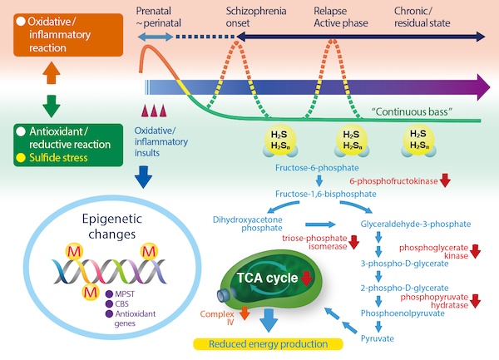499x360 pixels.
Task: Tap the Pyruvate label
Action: point(378,338)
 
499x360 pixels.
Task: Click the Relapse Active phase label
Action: point(337,14)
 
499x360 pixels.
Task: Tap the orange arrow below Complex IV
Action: point(245,314)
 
